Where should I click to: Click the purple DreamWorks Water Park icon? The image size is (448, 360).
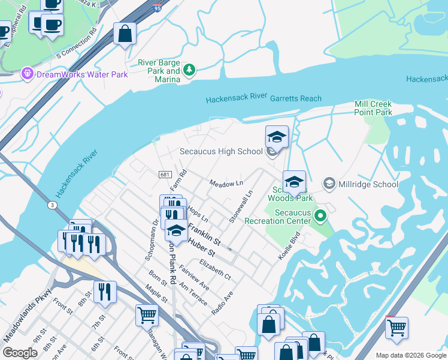[x=26, y=74]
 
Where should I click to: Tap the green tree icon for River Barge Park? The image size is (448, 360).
[x=190, y=70]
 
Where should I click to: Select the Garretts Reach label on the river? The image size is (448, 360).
[x=295, y=98]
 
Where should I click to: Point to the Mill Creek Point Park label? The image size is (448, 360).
[x=373, y=108]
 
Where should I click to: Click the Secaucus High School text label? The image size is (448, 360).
[x=221, y=152]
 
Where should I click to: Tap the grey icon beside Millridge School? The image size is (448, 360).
[x=329, y=183]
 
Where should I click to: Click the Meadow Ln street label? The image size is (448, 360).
[x=226, y=182]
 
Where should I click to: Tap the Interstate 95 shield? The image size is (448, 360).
[x=157, y=8]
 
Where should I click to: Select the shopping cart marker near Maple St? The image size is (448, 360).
[x=147, y=314]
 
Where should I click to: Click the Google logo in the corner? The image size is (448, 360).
[x=20, y=353]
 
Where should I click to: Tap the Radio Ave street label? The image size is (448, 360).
[x=222, y=304]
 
